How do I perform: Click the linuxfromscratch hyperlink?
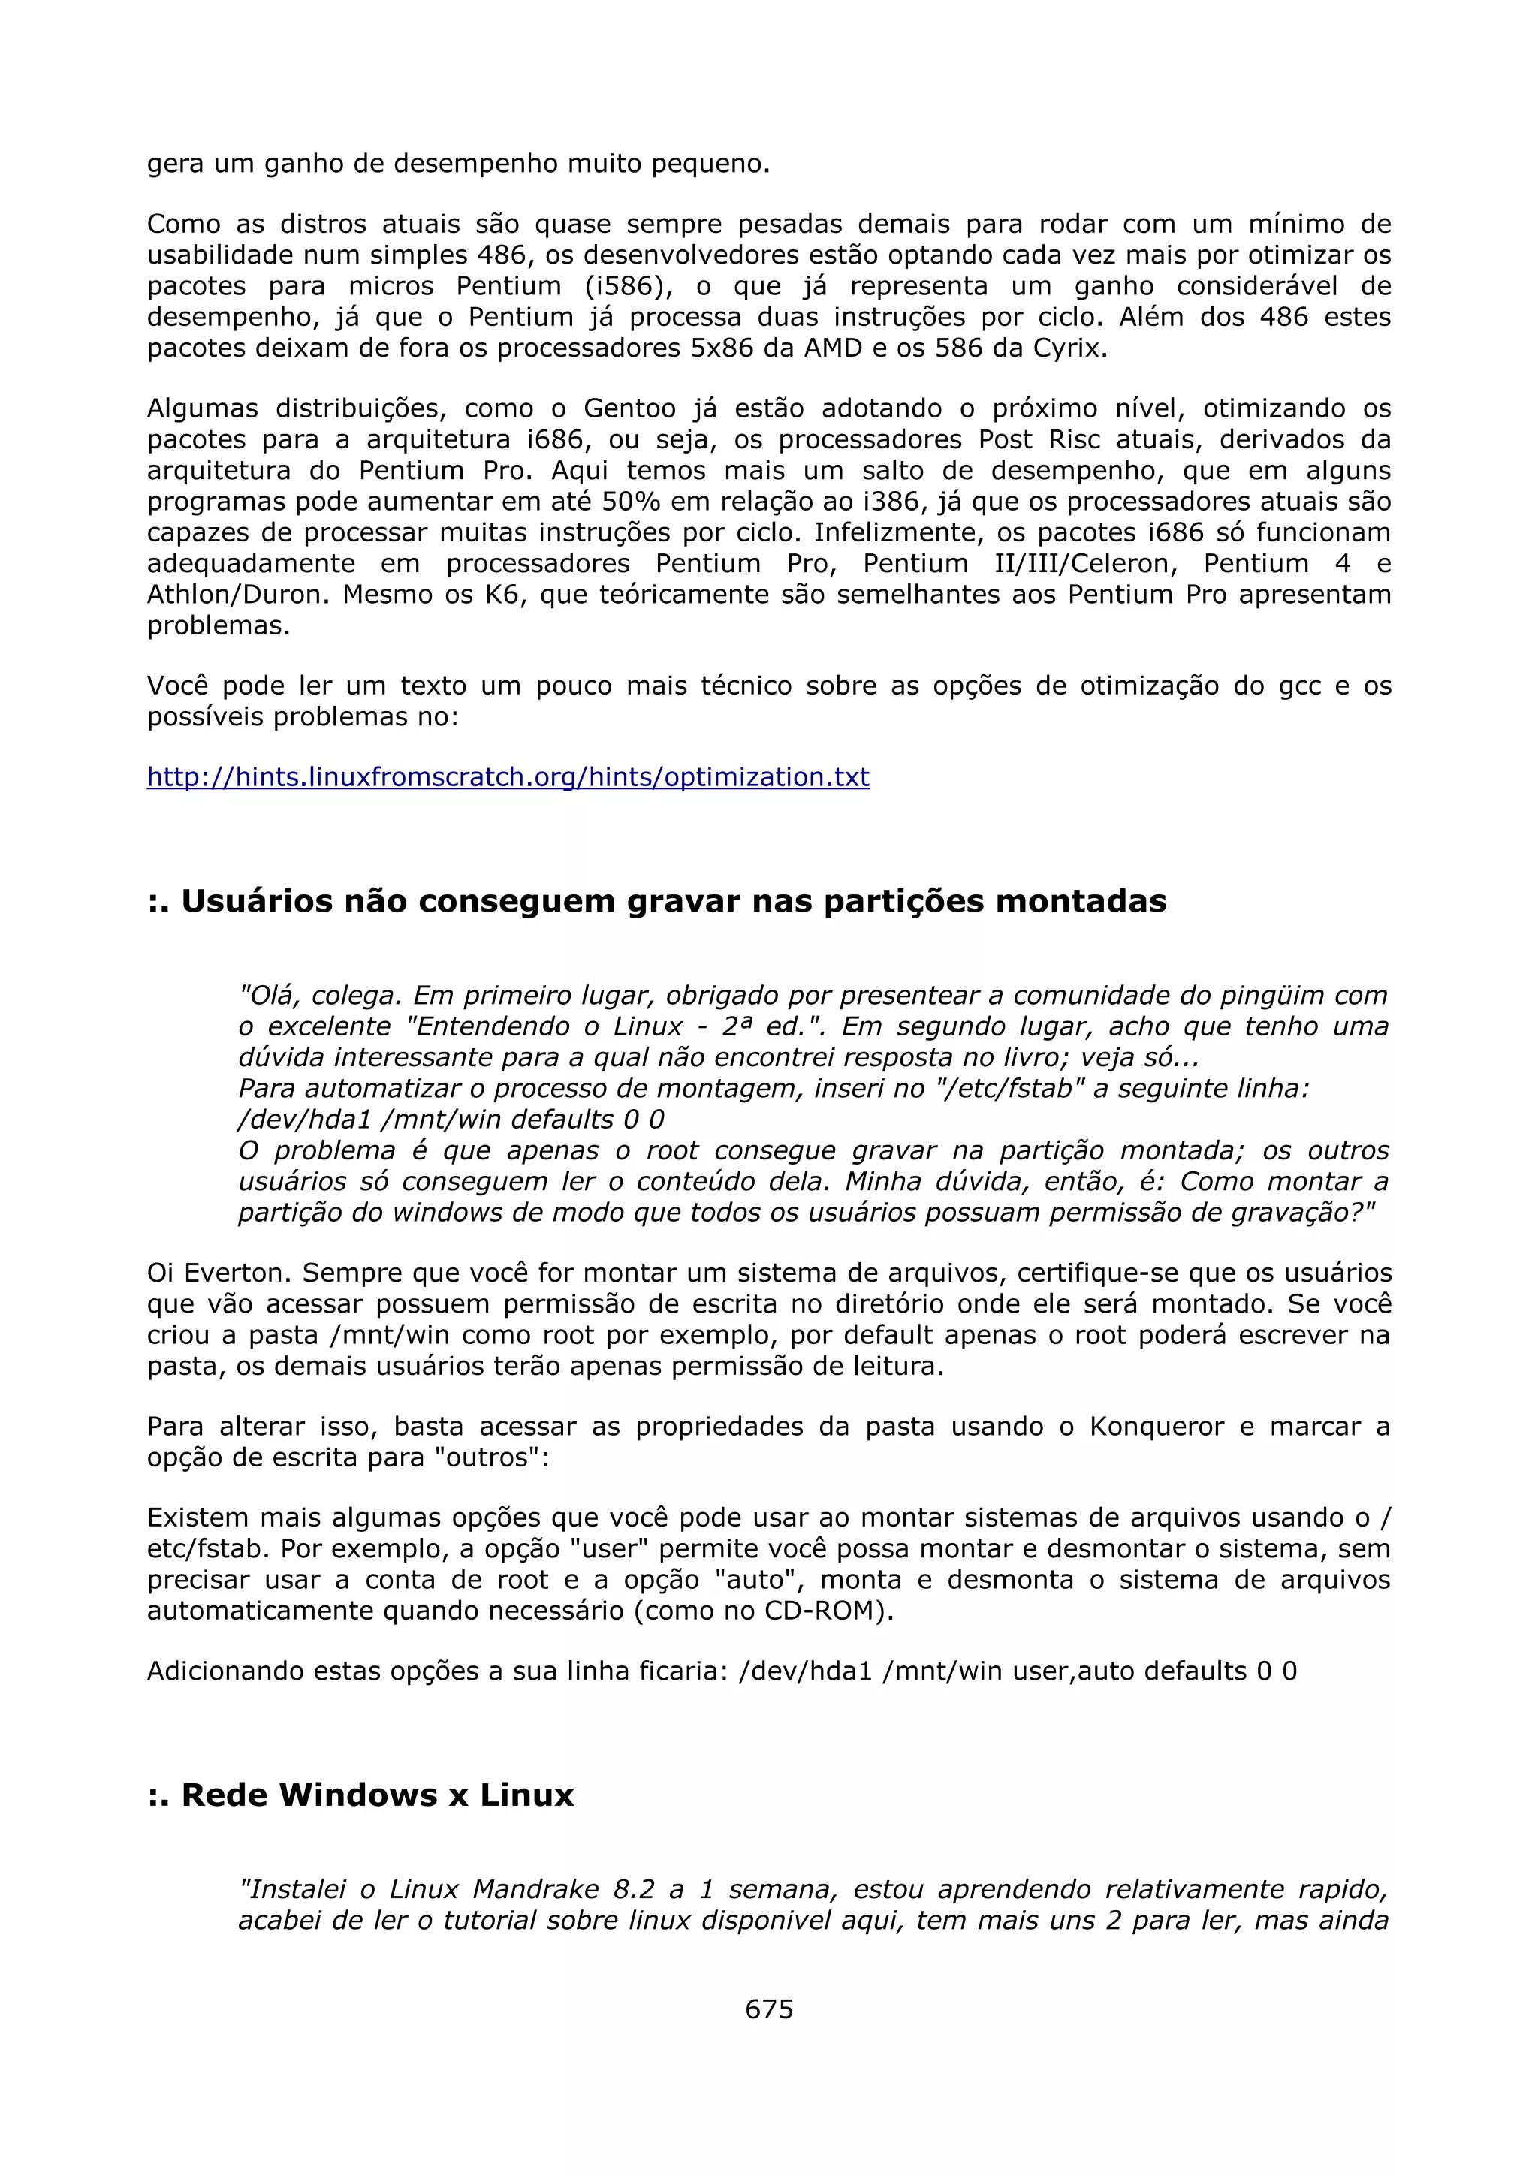pyautogui.click(x=508, y=777)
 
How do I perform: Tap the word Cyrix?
pyautogui.click(x=1069, y=348)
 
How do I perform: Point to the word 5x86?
pyautogui.click(x=713, y=348)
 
